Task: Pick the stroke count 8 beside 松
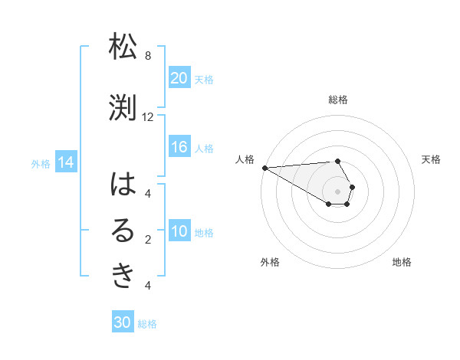pyautogui.click(x=148, y=56)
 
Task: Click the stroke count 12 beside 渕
pyautogui.click(x=148, y=117)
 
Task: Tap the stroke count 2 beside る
pyautogui.click(x=148, y=240)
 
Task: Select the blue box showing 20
pyautogui.click(x=179, y=78)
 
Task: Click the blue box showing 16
pyautogui.click(x=179, y=148)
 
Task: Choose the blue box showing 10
pyautogui.click(x=179, y=232)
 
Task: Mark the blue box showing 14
pyautogui.click(x=66, y=162)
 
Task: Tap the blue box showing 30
pyautogui.click(x=123, y=323)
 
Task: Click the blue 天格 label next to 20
pyautogui.click(x=204, y=80)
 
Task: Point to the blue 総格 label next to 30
pyautogui.click(x=147, y=324)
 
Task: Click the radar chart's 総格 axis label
pyautogui.click(x=338, y=100)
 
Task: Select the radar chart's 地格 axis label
pyautogui.click(x=402, y=262)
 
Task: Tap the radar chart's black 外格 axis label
pyautogui.click(x=270, y=262)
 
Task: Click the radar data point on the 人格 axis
pyautogui.click(x=264, y=168)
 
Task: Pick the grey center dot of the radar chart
pyautogui.click(x=337, y=191)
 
